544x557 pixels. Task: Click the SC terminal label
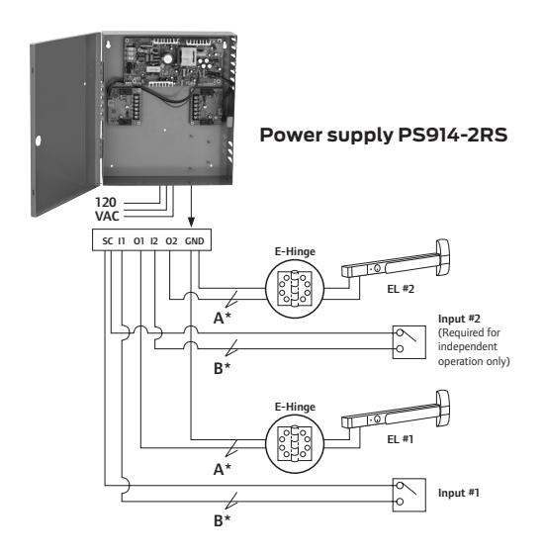pos(107,241)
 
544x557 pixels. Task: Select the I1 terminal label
pos(122,241)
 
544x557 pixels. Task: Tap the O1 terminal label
pos(138,241)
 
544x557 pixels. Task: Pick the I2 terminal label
pos(154,241)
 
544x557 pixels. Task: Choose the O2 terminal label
pos(171,241)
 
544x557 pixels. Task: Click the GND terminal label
pos(194,241)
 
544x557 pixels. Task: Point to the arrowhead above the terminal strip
pos(192,223)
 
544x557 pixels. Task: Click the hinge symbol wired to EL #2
pos(295,289)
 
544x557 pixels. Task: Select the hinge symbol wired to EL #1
pos(295,444)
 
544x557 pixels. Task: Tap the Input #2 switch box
pos(409,342)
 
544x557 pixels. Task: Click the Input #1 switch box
pos(409,495)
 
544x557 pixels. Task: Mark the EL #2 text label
pos(401,289)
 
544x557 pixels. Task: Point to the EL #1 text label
pos(401,439)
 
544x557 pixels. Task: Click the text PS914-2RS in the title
pos(453,135)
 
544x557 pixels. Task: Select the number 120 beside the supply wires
pos(106,203)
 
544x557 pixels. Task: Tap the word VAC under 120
pos(107,216)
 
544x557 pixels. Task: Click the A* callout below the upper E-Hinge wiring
pos(223,318)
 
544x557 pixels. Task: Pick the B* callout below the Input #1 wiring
pos(222,521)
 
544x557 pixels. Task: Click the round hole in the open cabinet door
pos(38,140)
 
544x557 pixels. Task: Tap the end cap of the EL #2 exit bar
pos(443,257)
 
